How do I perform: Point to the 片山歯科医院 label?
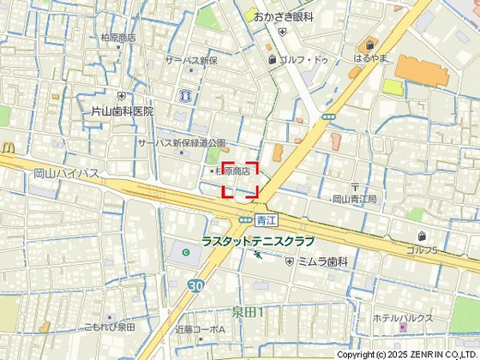click(x=123, y=111)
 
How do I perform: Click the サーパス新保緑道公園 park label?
click(x=182, y=143)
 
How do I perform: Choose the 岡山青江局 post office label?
click(x=354, y=199)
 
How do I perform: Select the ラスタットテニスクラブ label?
click(x=258, y=242)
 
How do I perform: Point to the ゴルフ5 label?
click(x=422, y=249)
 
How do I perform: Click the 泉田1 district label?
click(x=248, y=311)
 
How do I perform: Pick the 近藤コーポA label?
click(x=200, y=329)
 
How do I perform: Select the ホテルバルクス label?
click(x=402, y=317)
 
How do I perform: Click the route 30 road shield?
click(x=196, y=285)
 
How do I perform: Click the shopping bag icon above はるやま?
click(x=370, y=45)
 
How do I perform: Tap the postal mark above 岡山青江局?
click(x=354, y=187)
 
